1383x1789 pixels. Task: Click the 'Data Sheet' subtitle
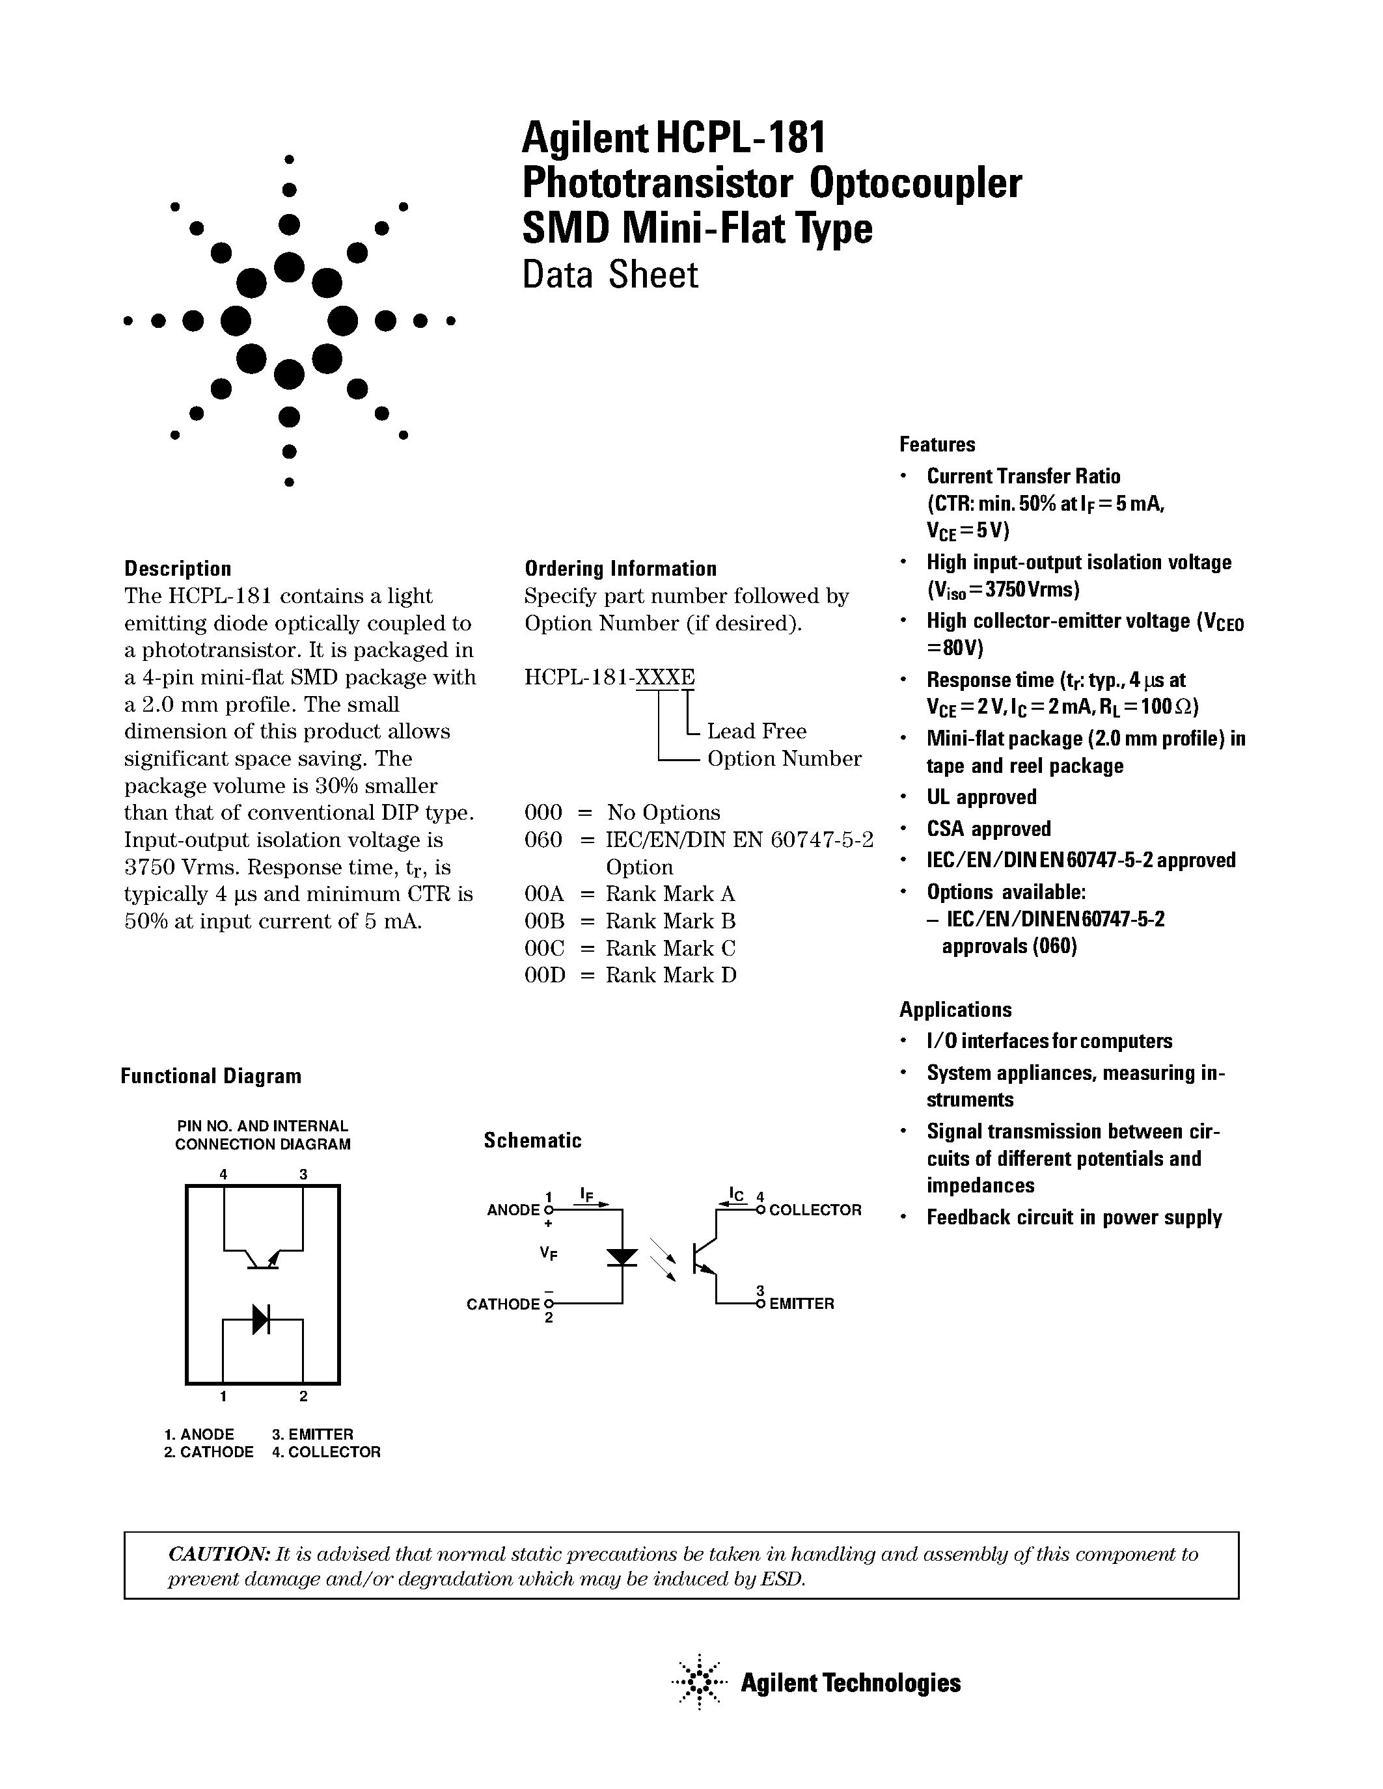coord(610,275)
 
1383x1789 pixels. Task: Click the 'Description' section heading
coord(177,569)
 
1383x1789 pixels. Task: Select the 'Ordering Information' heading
coord(620,569)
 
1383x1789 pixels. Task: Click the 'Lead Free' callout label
coord(756,731)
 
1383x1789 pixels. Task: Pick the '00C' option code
coord(544,948)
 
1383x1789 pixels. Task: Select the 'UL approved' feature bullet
coord(981,797)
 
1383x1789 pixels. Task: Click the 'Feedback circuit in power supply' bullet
coord(1073,1217)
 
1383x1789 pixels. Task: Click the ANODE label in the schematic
coord(513,1210)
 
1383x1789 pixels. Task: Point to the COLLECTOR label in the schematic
coord(815,1210)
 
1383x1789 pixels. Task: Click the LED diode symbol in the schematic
coord(623,1257)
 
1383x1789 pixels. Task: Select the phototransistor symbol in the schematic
coord(703,1258)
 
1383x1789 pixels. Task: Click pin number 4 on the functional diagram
coord(223,1174)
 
